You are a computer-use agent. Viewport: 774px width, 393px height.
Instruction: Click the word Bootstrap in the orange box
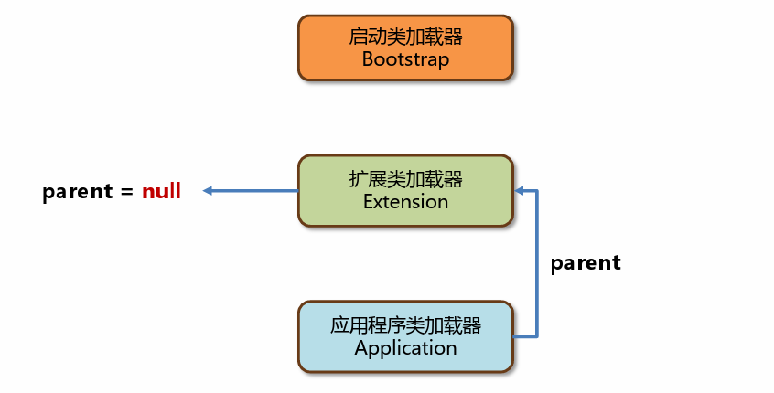[406, 59]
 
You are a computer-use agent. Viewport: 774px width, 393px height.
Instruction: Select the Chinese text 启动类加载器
[406, 37]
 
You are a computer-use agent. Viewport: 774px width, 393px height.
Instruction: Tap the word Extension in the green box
[406, 202]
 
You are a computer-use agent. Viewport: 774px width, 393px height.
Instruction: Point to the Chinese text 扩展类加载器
[406, 179]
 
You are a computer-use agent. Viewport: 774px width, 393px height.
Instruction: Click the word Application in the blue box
[406, 348]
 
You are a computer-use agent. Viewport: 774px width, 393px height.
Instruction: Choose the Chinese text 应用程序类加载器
[406, 325]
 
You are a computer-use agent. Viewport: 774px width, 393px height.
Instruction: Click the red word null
[161, 191]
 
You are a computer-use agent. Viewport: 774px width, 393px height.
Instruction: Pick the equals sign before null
[127, 191]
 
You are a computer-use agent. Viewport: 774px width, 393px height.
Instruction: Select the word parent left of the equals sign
[78, 192]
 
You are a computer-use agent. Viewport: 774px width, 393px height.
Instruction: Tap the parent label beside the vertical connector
[586, 263]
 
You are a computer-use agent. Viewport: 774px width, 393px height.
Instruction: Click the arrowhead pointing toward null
[208, 190]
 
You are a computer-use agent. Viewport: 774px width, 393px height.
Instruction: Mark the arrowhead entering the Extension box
[519, 190]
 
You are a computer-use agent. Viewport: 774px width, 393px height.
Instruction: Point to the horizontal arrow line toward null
[251, 190]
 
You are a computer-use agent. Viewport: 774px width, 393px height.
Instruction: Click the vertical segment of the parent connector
[536, 264]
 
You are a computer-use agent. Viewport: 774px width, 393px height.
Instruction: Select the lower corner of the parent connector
[536, 336]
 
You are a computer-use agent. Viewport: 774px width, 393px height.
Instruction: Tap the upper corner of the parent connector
[536, 190]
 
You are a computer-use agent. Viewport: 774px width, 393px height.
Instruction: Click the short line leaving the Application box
[525, 336]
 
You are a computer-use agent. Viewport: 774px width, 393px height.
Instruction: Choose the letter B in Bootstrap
[368, 59]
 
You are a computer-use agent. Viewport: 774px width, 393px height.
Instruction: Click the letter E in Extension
[368, 202]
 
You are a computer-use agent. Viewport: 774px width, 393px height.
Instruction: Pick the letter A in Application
[361, 347]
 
